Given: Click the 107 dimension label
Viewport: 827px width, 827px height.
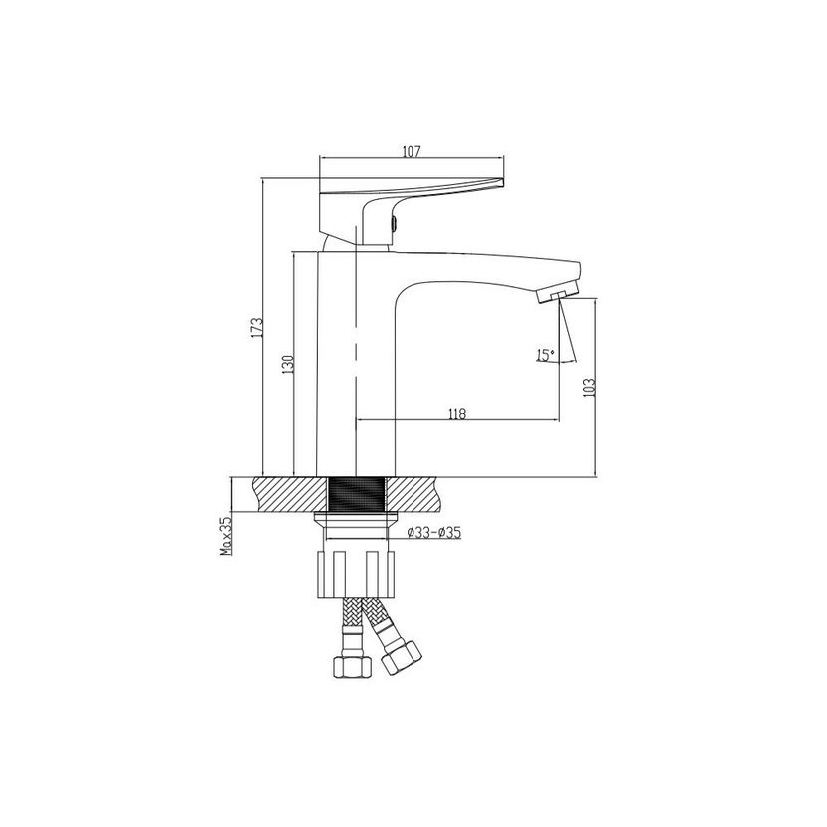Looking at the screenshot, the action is pos(412,151).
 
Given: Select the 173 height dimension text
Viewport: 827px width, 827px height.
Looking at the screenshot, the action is pos(256,328).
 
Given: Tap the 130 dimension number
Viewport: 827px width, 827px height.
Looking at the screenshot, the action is pos(287,365).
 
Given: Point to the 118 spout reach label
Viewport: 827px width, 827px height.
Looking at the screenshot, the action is pos(457,414).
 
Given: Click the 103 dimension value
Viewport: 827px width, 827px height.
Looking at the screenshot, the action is pos(590,388).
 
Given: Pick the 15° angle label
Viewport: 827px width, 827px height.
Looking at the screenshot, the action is pos(545,355).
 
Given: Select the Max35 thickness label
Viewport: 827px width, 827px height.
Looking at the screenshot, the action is pos(226,536).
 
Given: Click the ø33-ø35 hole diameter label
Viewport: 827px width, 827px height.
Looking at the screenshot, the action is pos(434,533).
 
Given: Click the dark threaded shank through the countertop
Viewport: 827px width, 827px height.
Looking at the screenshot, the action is pos(356,493).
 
